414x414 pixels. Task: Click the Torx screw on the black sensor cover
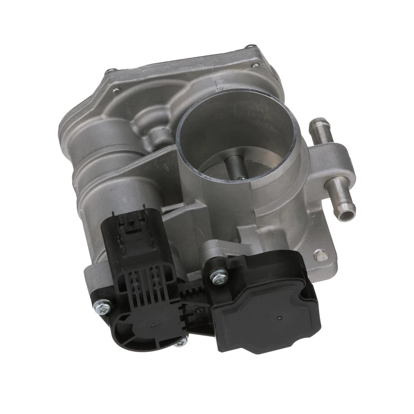pyautogui.click(x=219, y=276)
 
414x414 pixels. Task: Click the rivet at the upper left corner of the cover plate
pyautogui.click(x=111, y=71)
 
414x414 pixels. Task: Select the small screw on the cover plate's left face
pyautogui.click(x=115, y=90)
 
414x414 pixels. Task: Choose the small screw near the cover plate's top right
pyautogui.click(x=256, y=66)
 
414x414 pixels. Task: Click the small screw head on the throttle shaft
pyautogui.click(x=242, y=177)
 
